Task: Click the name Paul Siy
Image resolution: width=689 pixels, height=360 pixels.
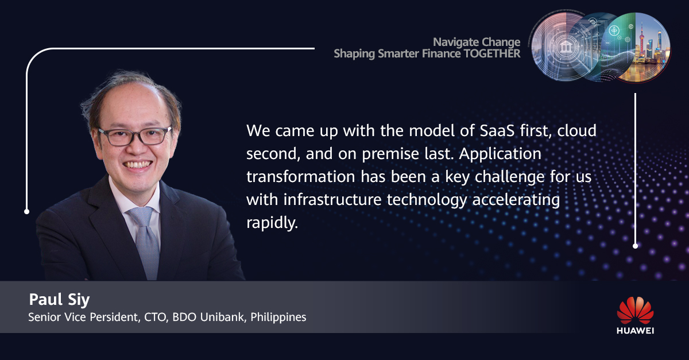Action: (59, 299)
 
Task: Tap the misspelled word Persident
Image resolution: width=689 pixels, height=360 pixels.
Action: (115, 318)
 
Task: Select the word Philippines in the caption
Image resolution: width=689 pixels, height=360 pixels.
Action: (278, 318)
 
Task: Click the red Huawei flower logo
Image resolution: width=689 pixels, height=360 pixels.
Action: (635, 310)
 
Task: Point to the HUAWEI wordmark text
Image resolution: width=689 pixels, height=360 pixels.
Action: (635, 331)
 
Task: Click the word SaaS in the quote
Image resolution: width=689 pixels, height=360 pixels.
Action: (497, 131)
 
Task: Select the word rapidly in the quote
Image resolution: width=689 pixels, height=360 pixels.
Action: (272, 223)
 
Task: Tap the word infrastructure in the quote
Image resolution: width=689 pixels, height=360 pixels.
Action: (332, 199)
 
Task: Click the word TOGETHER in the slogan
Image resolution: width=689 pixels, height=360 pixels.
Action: (492, 53)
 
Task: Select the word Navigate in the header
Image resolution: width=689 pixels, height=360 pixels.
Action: (454, 42)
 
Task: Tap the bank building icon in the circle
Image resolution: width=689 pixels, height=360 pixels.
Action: (565, 48)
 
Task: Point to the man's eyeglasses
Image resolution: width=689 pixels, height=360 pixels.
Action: (136, 136)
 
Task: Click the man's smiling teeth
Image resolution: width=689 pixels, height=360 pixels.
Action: (138, 164)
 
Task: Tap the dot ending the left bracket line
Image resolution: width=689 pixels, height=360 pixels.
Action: (27, 211)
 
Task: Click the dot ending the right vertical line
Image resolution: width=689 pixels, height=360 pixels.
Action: (635, 246)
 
